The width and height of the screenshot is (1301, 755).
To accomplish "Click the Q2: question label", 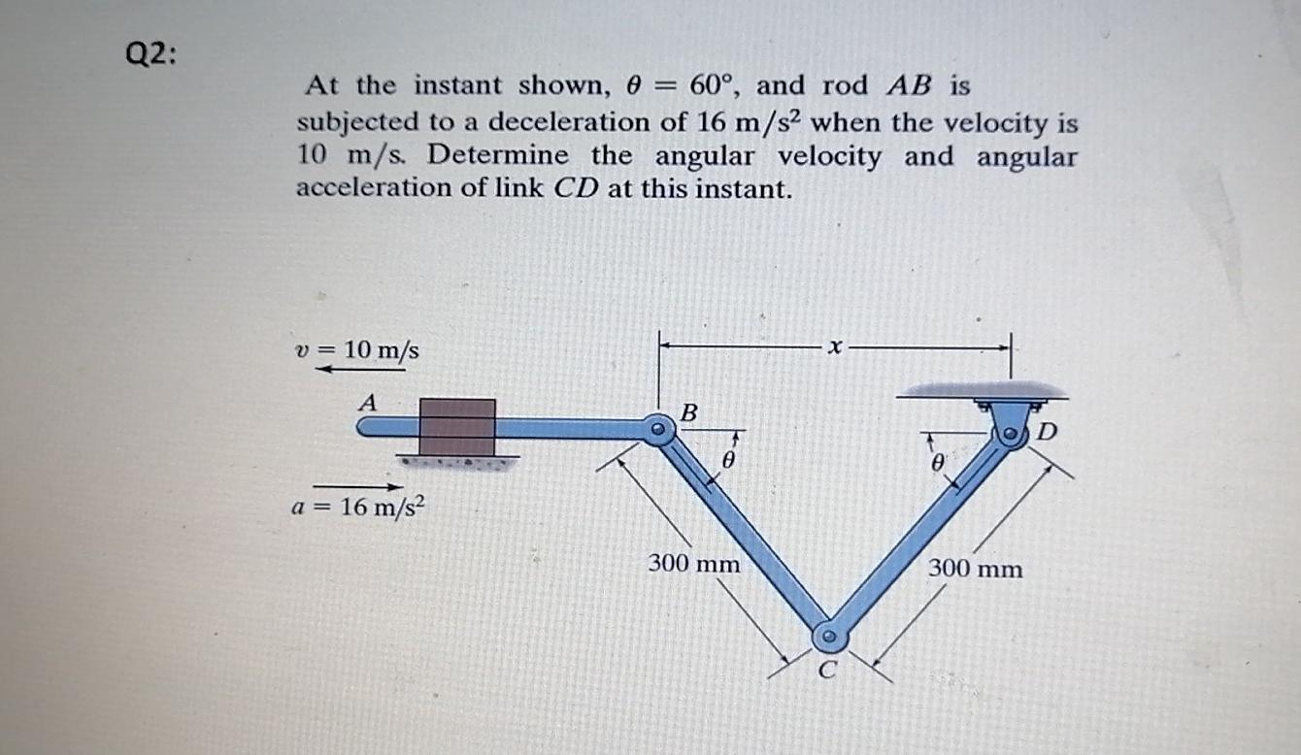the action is pos(151,56).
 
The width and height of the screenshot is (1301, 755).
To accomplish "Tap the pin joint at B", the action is pos(659,428).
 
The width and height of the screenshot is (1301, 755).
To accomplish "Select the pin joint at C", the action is pos(828,637).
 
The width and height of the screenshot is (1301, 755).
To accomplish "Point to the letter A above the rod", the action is pos(367,400).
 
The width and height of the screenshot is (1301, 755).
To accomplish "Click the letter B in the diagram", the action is pos(688,412).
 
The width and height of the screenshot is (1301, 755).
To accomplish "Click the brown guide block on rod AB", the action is pos(457,427).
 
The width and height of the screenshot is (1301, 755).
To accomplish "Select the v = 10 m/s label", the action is pos(357,349).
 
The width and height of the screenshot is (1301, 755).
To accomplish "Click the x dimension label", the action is pos(833,345).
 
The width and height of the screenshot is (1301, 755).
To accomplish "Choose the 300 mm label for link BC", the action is pos(693,563).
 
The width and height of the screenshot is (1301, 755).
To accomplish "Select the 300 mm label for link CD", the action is pos(975,568).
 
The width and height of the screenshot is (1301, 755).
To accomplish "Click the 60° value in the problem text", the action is pos(713,85).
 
